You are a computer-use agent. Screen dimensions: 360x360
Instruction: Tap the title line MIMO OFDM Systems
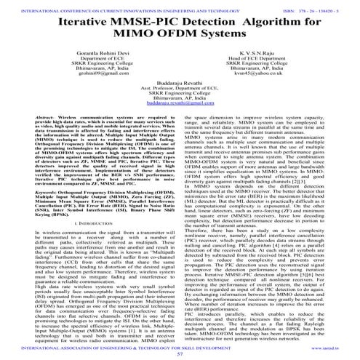(180, 36)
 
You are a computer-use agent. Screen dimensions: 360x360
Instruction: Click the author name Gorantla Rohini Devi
(89, 54)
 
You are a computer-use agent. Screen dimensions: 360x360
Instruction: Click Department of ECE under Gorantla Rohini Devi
(89, 60)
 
